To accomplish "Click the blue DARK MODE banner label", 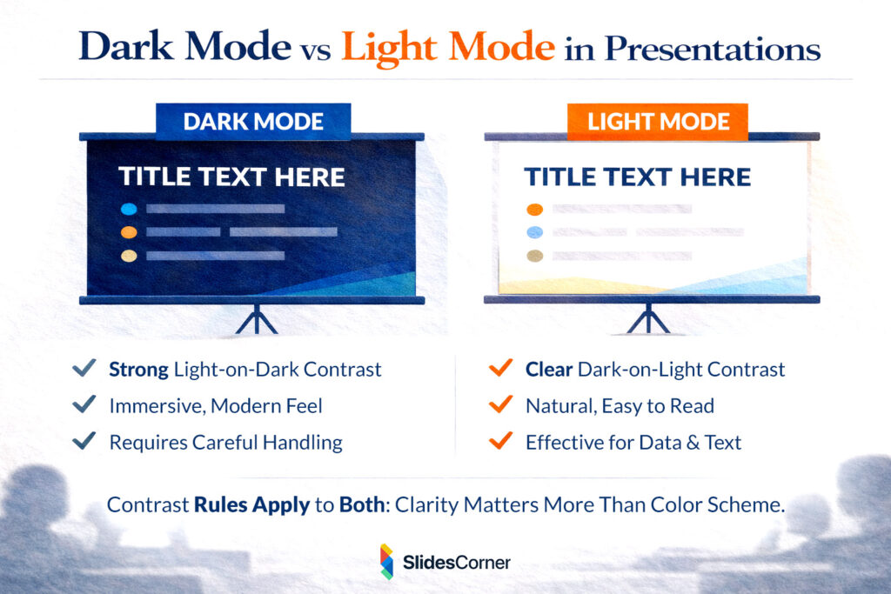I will (x=253, y=122).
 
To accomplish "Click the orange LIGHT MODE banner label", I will (x=658, y=122).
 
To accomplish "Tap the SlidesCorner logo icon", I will (x=386, y=562).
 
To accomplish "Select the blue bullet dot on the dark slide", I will (x=129, y=209).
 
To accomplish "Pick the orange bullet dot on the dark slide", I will (x=129, y=232).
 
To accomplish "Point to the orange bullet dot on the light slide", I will (x=535, y=209).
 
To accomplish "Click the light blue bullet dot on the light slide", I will (x=535, y=232).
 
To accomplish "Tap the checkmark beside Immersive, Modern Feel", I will (x=84, y=405).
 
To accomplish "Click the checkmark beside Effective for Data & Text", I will (x=500, y=442).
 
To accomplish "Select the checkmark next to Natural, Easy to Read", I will (x=500, y=405).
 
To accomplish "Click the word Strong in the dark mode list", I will (x=138, y=370).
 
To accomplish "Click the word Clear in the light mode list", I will (x=548, y=370).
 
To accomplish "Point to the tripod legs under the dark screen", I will (x=256, y=319).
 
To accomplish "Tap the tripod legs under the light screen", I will (x=648, y=319).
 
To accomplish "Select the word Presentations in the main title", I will (x=713, y=49).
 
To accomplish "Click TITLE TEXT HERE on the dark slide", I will (x=231, y=177).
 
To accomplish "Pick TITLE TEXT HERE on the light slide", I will (x=637, y=177).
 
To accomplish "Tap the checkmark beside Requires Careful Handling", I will (x=84, y=442).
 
